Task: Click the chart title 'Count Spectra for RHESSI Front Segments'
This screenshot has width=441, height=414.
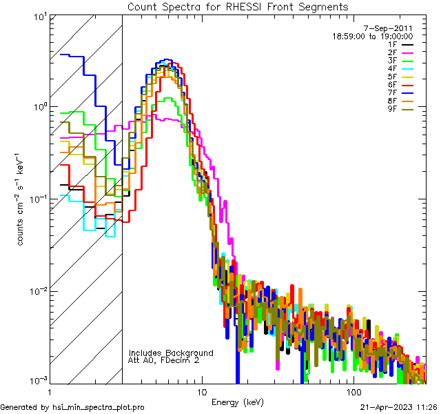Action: [x=238, y=7]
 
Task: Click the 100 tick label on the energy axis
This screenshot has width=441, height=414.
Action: [x=353, y=391]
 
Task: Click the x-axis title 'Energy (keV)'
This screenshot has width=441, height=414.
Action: [x=237, y=402]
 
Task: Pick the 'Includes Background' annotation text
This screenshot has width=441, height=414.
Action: [x=171, y=353]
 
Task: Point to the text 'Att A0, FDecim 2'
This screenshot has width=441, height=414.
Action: [x=164, y=360]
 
